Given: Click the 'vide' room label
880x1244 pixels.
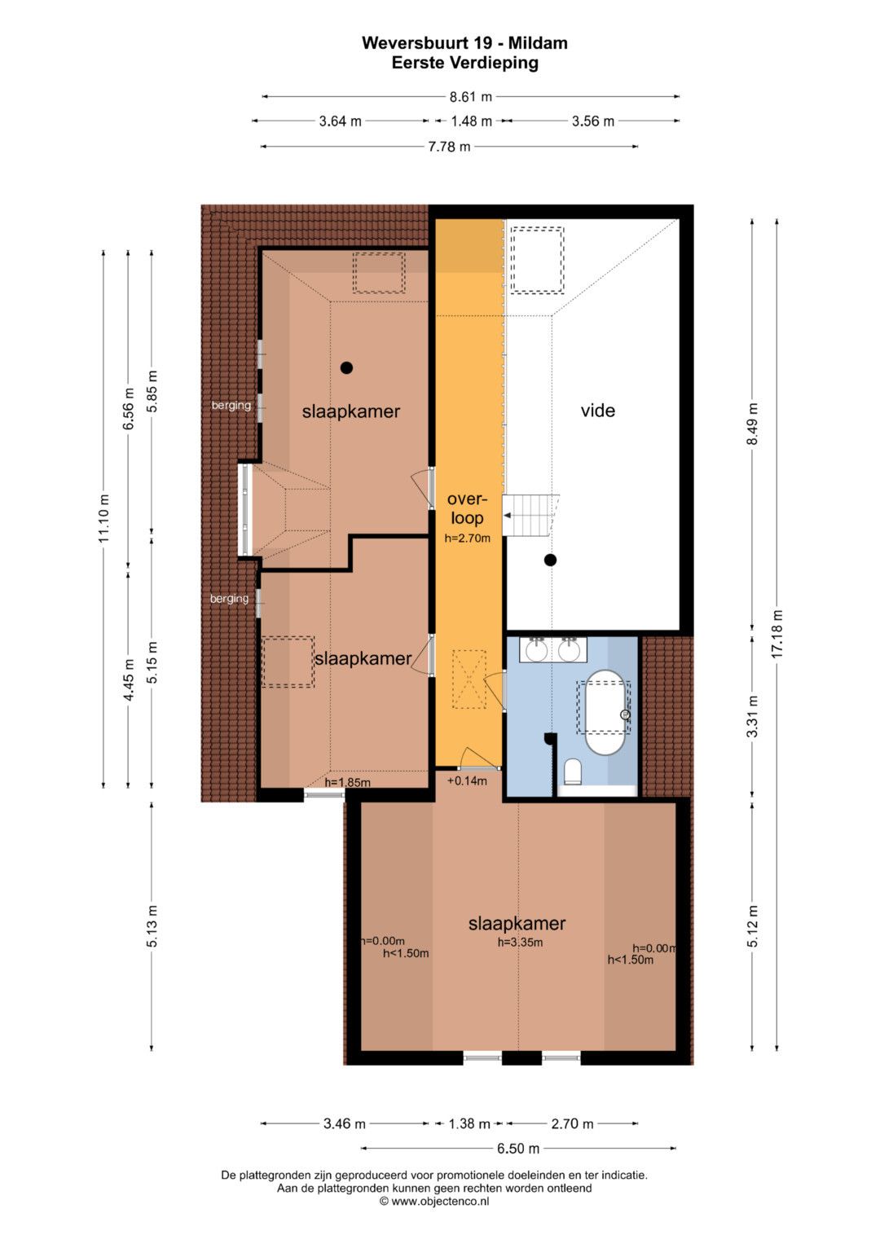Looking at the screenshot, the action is pyautogui.click(x=598, y=411).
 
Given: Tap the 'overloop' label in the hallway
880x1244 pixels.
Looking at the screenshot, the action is pyautogui.click(x=467, y=508).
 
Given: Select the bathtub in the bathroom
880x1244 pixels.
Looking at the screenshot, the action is pyautogui.click(x=605, y=712).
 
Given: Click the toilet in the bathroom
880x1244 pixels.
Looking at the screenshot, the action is pyautogui.click(x=572, y=772).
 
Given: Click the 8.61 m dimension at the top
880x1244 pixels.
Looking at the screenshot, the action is pyautogui.click(x=471, y=97).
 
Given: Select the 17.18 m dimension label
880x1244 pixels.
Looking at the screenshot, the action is pyautogui.click(x=777, y=634).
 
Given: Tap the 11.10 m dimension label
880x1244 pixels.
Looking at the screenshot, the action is pyautogui.click(x=104, y=517).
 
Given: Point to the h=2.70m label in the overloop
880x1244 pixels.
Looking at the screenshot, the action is pyautogui.click(x=467, y=538).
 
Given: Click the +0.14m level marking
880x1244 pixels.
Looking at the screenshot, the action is pyautogui.click(x=467, y=780).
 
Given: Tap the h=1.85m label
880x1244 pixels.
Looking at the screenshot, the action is pyautogui.click(x=348, y=783).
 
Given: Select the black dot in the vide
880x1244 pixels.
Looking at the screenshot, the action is pyautogui.click(x=550, y=560).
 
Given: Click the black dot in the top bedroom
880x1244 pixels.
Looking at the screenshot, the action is pyautogui.click(x=346, y=367).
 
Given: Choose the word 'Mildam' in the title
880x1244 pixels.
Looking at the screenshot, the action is pyautogui.click(x=538, y=42).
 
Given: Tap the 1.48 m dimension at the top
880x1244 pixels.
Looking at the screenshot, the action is pyautogui.click(x=471, y=121).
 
